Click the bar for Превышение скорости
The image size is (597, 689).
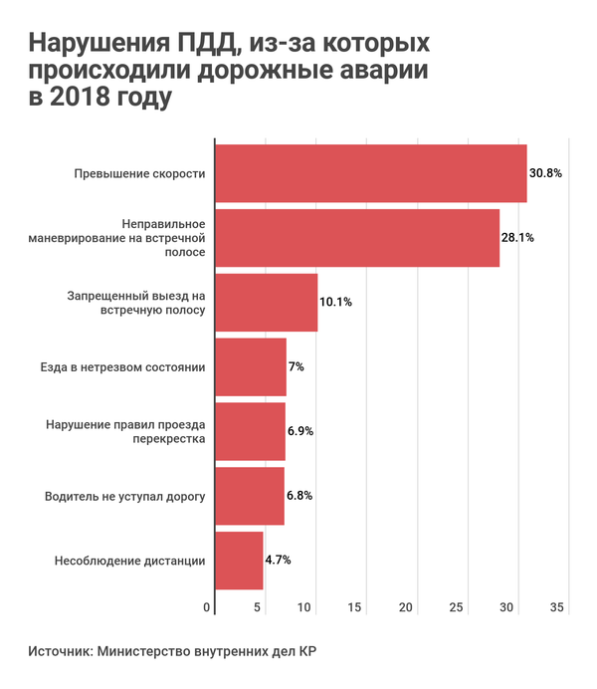pos(370,173)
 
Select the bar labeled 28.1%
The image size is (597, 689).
pos(356,238)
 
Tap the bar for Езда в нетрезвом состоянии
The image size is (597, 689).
pos(250,366)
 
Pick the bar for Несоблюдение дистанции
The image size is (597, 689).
pos(239,560)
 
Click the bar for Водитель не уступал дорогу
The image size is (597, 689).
pos(249,495)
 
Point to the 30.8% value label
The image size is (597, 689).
pos(545,173)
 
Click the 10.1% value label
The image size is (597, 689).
pos(336,302)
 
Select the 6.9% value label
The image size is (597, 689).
pos(300,431)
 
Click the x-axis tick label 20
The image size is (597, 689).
pos(407,608)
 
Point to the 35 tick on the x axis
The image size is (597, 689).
pos(556,608)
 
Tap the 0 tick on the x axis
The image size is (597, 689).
pos(208,608)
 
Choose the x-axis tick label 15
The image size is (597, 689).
pos(357,608)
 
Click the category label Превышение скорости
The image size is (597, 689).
pos(139,173)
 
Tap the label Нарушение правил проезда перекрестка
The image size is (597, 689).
pos(125,431)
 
